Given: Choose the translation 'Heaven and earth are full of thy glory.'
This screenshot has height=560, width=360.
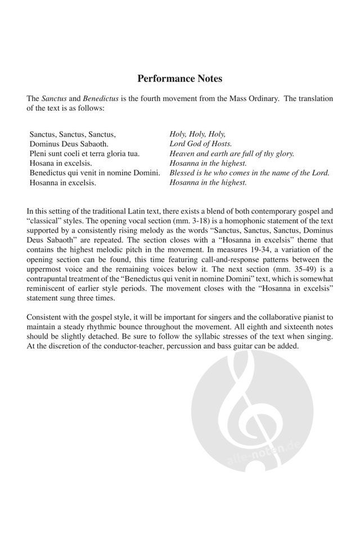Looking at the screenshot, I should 232,153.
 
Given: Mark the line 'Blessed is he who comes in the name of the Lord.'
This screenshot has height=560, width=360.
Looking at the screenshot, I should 249,173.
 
